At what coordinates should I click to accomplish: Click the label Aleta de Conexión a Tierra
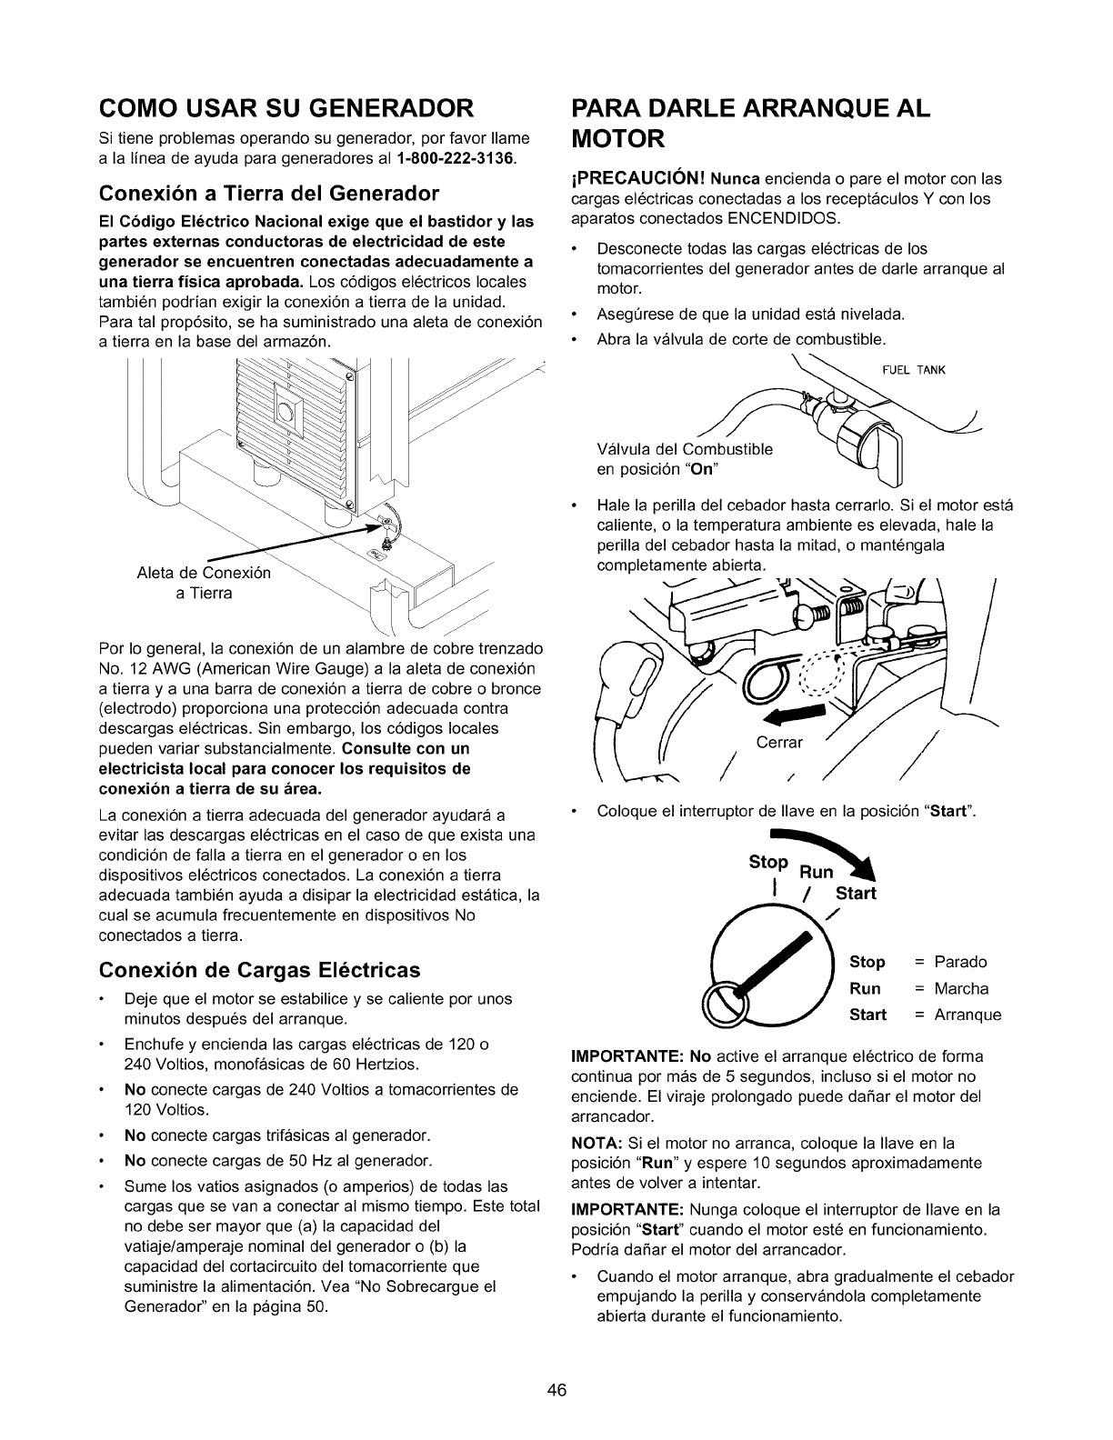pos(204,583)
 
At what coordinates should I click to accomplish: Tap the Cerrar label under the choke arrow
pos(780,742)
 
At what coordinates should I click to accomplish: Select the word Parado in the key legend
pos(960,962)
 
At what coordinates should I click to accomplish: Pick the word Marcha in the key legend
pos(961,988)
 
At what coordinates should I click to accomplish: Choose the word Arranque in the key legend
pos(968,1015)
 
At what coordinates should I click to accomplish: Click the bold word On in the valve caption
pos(705,467)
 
